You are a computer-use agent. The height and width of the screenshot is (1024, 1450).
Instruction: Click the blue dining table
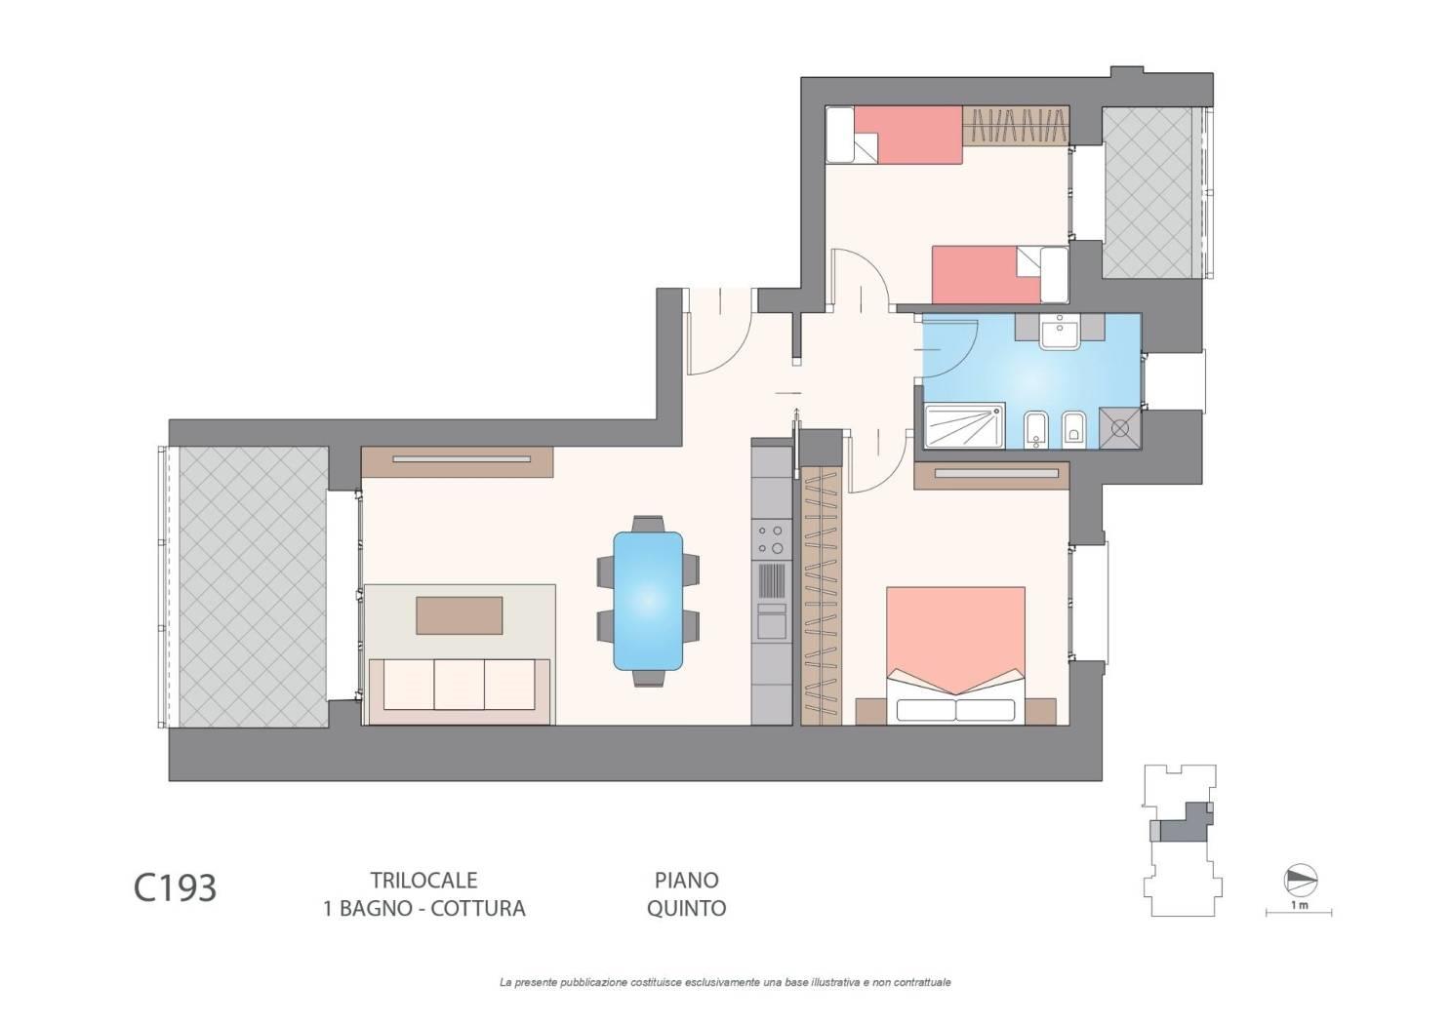(x=647, y=601)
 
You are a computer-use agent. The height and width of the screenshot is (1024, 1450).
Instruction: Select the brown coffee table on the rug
(x=459, y=615)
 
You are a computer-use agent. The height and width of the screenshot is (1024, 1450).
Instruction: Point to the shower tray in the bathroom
(x=964, y=425)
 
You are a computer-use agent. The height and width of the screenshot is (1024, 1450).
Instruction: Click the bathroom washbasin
(x=1059, y=332)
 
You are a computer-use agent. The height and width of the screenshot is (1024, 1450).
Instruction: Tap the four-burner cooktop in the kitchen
(x=771, y=540)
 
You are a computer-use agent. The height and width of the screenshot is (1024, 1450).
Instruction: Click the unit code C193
(x=175, y=888)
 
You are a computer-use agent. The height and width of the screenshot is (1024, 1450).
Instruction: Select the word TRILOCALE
(x=424, y=880)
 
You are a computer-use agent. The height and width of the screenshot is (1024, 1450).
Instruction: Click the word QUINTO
(x=686, y=909)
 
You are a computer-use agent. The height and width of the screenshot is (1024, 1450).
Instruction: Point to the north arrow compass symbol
(x=1301, y=881)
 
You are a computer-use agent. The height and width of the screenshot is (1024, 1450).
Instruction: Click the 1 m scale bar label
(x=1299, y=905)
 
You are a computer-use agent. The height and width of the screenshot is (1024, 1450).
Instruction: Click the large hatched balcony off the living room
(x=253, y=587)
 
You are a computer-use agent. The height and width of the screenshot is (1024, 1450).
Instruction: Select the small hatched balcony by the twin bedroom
(x=1148, y=192)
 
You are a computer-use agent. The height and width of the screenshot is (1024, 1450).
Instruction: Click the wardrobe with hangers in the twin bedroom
(x=1015, y=126)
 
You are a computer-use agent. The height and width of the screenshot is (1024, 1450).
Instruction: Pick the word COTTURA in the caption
(x=478, y=909)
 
